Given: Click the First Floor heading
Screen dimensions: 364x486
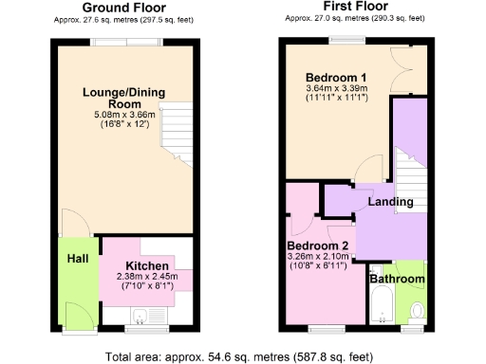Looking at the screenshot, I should point(350,8).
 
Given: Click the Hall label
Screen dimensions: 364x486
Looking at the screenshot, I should point(77,259).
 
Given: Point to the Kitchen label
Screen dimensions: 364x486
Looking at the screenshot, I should point(147,264).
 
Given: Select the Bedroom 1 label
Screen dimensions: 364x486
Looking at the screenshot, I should point(336,77).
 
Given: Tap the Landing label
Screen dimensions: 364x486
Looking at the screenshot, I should point(390,202).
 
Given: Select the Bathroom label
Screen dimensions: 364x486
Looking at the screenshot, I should point(397,280).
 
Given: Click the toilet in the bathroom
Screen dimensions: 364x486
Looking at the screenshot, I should point(416,310).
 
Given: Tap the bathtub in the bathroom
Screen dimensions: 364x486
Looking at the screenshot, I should point(379,307).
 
